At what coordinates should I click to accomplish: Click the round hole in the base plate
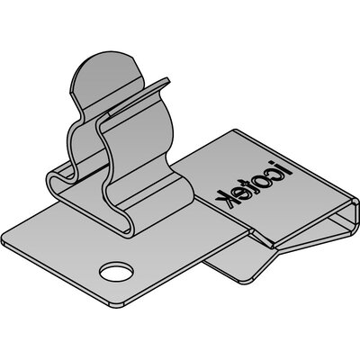tap(117, 272)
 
